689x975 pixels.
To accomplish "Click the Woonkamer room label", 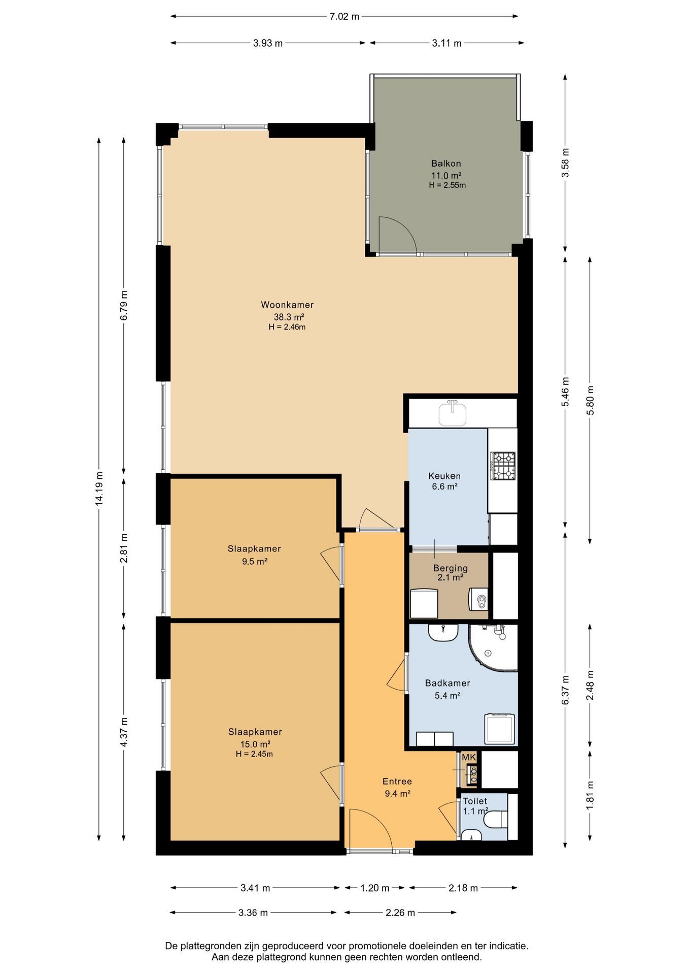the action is [x=287, y=305].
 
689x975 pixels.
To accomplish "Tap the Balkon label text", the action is [x=446, y=164].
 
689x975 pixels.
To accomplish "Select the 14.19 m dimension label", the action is [x=99, y=489].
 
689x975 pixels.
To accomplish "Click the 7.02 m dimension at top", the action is [x=344, y=16].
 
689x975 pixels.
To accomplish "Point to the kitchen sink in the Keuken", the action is [x=452, y=413].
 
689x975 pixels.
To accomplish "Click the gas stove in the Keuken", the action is [x=502, y=466].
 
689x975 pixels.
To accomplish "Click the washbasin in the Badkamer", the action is [x=443, y=632].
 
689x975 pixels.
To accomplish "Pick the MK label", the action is [x=469, y=757].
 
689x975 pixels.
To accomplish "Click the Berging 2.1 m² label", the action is [x=450, y=573].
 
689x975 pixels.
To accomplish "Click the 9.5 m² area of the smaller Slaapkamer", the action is [x=255, y=561].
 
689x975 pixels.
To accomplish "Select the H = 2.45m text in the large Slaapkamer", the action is [x=254, y=754].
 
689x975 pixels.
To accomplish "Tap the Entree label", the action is [x=397, y=782].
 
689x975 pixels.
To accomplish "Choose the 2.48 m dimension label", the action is [x=590, y=685].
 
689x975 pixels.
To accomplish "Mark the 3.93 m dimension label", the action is [x=268, y=43].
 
